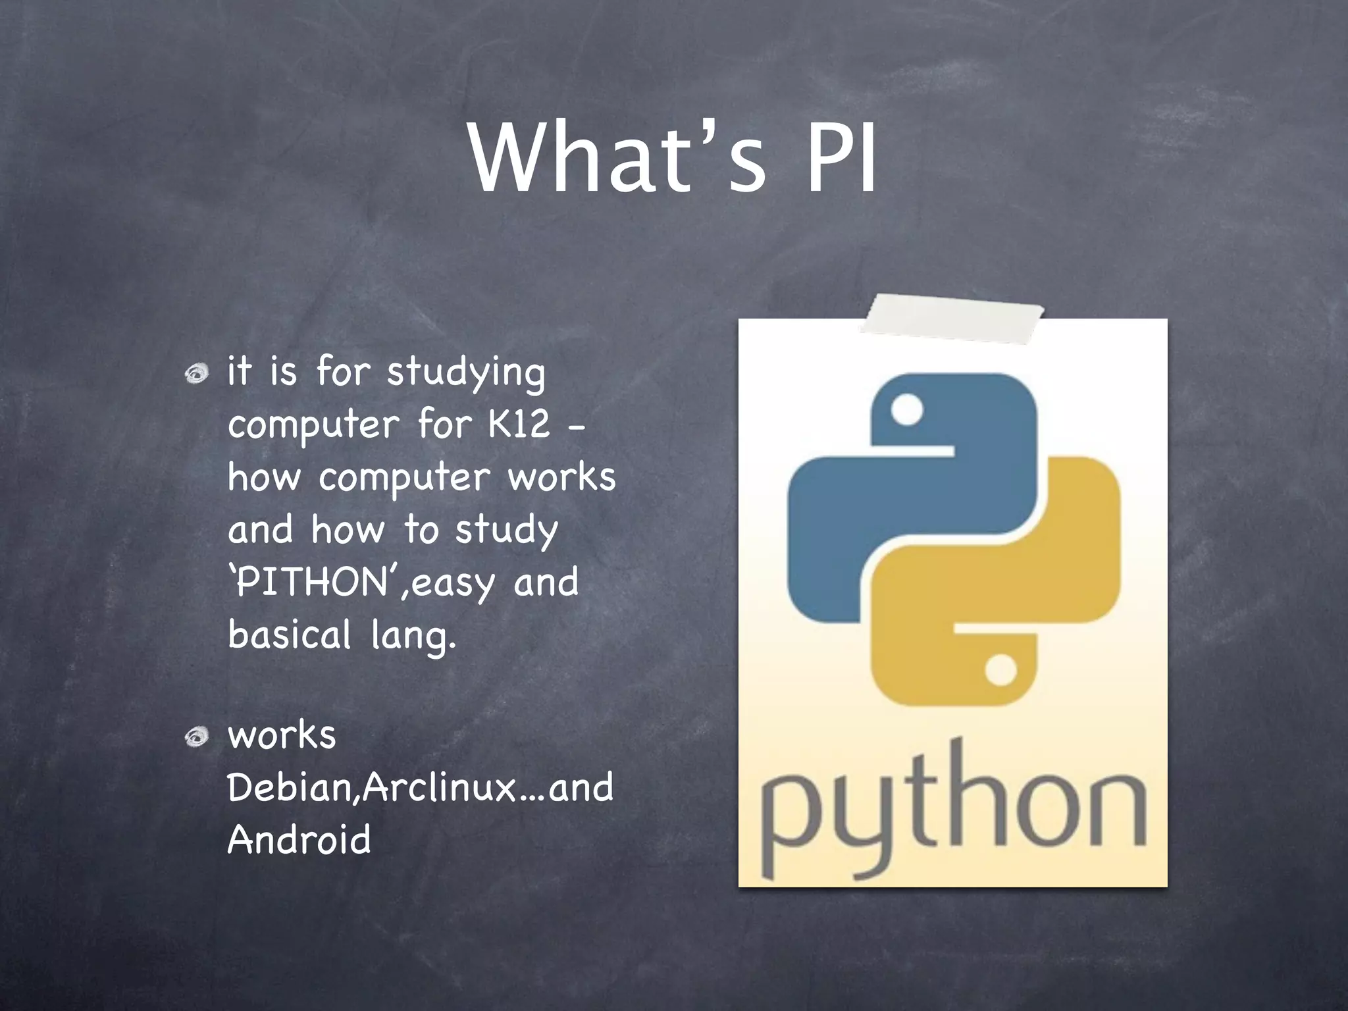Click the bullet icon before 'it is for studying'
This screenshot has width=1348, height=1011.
pos(196,375)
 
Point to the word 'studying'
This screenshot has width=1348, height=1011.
pos(466,373)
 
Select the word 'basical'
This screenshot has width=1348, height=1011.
pos(290,635)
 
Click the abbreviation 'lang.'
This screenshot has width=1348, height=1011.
pos(413,636)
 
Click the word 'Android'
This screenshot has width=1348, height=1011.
pos(299,840)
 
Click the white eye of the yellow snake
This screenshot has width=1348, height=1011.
pos(1001,670)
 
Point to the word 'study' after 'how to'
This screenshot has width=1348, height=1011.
pos(506,531)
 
